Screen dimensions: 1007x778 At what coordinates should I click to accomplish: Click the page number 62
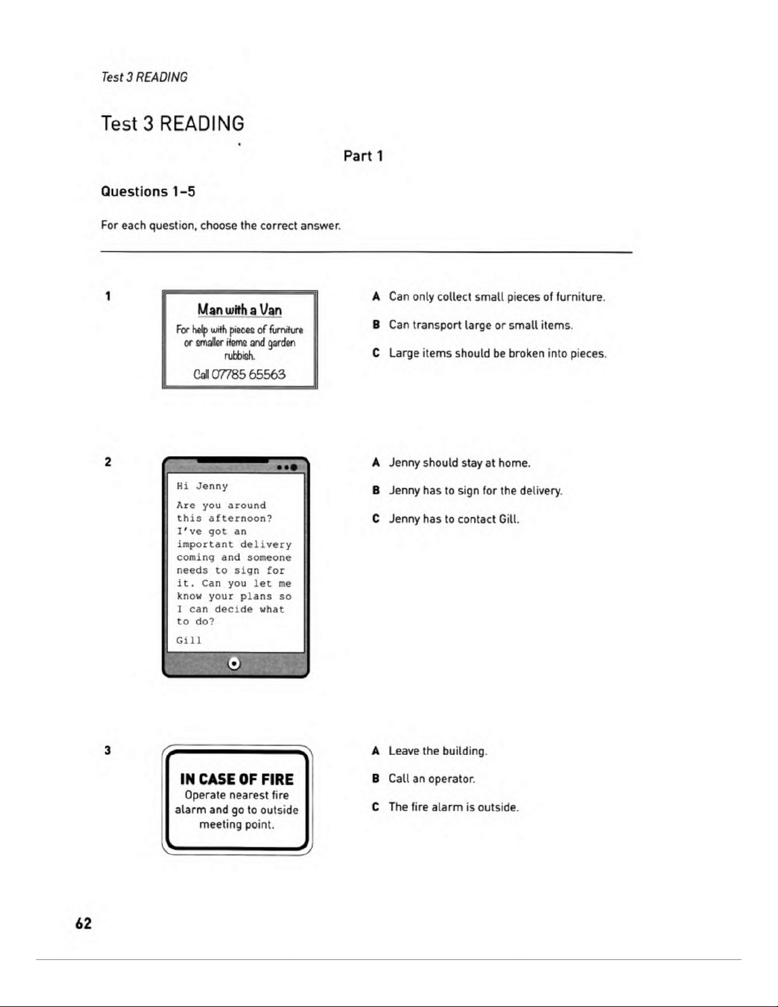point(83,923)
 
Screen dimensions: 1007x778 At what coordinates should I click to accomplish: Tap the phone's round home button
point(234,663)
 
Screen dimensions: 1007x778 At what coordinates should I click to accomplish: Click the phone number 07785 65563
point(248,374)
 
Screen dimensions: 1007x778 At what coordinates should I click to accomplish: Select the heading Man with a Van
point(239,309)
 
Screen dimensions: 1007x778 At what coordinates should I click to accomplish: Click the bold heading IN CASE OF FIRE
point(237,779)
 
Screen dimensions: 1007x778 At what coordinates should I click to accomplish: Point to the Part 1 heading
point(363,156)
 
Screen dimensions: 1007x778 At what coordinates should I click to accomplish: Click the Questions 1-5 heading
point(148,191)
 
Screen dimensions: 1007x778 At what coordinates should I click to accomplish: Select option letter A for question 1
point(376,297)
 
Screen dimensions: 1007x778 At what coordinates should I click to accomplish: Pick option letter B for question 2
point(376,490)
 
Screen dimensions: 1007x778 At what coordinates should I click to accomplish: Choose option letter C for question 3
point(376,807)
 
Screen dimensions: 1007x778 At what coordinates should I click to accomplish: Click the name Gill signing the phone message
point(189,640)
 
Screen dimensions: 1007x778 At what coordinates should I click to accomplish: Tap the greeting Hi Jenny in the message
point(202,486)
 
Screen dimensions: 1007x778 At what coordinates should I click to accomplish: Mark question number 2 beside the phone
point(108,462)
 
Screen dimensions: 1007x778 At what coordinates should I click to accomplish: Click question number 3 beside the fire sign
point(108,750)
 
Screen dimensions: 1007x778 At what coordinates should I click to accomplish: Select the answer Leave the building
point(438,751)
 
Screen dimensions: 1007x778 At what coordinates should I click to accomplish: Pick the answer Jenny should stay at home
point(459,463)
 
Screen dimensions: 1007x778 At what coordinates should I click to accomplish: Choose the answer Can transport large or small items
point(481,325)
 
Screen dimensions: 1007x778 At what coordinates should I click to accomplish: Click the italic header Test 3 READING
point(144,77)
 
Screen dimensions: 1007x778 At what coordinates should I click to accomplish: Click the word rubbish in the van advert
point(239,356)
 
